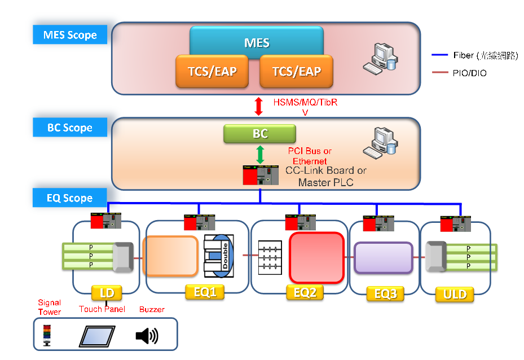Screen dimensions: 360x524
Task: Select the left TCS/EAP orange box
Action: tap(212, 72)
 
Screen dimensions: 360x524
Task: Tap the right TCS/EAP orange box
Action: tap(296, 72)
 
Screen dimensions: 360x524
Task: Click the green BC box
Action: tap(260, 134)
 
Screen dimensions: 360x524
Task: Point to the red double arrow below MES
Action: tap(259, 106)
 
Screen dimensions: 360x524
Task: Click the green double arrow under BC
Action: tap(260, 155)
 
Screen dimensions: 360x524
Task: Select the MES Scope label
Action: tap(70, 35)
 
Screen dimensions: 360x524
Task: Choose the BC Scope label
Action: tap(70, 128)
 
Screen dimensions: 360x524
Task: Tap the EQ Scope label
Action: tap(70, 198)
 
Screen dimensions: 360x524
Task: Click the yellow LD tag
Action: tap(107, 292)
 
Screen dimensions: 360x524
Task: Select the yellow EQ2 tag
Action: tap(305, 292)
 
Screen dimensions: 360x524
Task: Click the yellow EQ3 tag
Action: tap(385, 293)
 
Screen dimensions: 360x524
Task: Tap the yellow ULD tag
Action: tap(455, 293)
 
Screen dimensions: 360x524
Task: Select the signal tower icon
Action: tap(46, 335)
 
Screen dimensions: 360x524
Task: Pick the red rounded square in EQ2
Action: tap(316, 257)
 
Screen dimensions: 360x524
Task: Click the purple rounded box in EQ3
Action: tap(383, 257)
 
